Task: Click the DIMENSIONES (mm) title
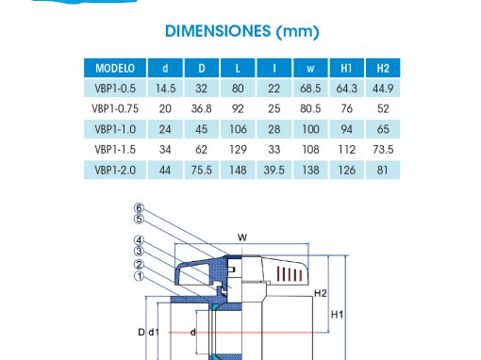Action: pos(242,31)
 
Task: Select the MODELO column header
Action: pos(115,68)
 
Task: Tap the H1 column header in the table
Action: pos(346,68)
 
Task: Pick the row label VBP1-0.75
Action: pos(115,108)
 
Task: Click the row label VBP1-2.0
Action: pos(115,171)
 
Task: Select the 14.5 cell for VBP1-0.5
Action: pos(165,89)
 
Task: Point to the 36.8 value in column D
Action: pos(202,108)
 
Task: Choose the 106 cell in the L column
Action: pos(238,129)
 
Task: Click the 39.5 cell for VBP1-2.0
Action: pos(274,171)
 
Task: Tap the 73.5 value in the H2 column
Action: pos(383,150)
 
